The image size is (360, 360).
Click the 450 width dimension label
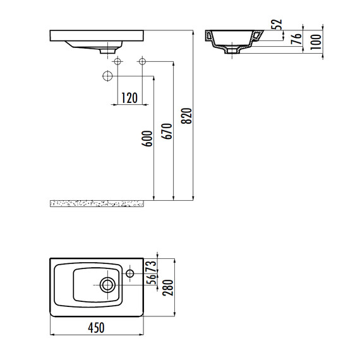96,328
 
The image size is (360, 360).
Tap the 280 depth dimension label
168,287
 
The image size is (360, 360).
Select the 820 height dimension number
186,116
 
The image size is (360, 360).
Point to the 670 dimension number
167,131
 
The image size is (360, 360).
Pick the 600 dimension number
147,138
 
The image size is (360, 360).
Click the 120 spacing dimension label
129,98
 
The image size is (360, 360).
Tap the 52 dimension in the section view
277,24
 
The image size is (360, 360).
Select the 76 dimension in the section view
296,39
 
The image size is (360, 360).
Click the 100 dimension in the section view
316,42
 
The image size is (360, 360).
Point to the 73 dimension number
152,267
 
